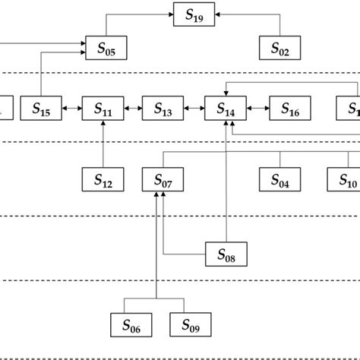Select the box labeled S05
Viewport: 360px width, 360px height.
tap(106, 48)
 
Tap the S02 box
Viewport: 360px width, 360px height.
tap(279, 48)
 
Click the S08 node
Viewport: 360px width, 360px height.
tap(226, 254)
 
